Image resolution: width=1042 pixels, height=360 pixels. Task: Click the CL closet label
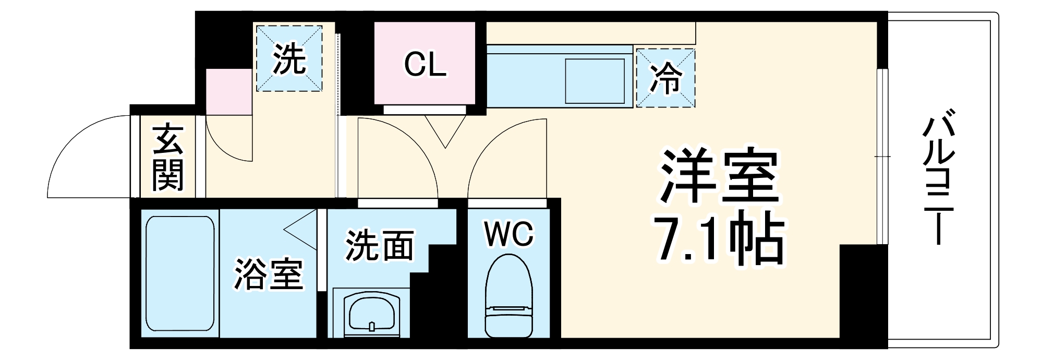tap(425, 65)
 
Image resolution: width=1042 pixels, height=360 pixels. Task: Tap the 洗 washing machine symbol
tap(289, 58)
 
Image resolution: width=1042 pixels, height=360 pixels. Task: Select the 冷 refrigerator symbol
tap(665, 78)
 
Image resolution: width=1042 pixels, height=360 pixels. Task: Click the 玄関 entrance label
tap(168, 157)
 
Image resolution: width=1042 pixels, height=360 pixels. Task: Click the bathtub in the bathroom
tap(180, 274)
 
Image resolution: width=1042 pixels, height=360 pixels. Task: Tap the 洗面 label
tap(380, 245)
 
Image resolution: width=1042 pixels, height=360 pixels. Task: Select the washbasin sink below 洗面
tap(371, 313)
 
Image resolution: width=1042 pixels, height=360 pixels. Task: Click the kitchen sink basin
tap(595, 81)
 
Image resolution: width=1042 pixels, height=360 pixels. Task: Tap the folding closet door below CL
tap(445, 130)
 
